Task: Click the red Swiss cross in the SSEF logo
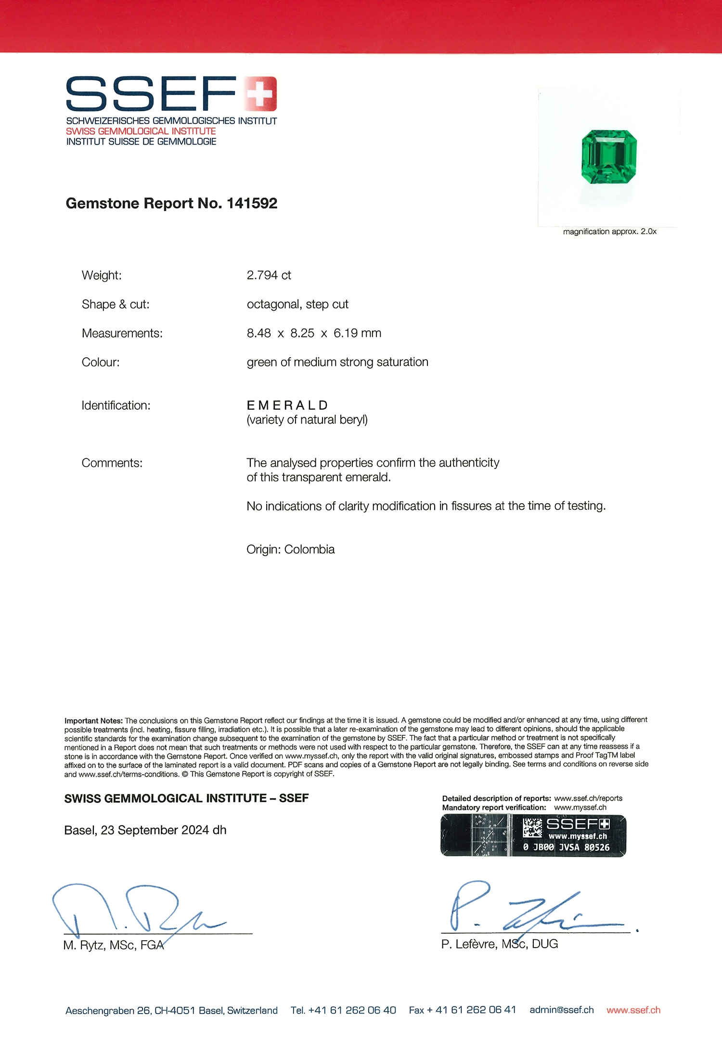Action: tap(260, 93)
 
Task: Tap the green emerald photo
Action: tap(609, 156)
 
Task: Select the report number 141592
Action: tap(252, 203)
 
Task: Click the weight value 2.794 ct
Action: tap(269, 275)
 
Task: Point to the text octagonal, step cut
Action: tap(297, 304)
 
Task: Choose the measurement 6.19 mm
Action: tap(357, 333)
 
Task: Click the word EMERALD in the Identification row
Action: tap(287, 405)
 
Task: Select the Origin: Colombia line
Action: tap(290, 549)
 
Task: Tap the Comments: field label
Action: tap(112, 463)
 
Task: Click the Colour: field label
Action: tap(101, 362)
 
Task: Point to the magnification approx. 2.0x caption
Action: tap(609, 232)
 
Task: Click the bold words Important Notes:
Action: tap(94, 721)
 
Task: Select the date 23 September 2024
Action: tap(155, 830)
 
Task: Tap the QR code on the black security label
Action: tap(532, 828)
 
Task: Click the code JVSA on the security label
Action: tap(569, 847)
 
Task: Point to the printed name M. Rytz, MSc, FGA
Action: tap(114, 945)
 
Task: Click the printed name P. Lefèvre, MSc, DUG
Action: tap(499, 944)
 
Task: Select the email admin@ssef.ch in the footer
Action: tap(561, 1010)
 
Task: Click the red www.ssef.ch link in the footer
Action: tap(633, 1010)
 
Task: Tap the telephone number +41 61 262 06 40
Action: tap(352, 1010)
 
